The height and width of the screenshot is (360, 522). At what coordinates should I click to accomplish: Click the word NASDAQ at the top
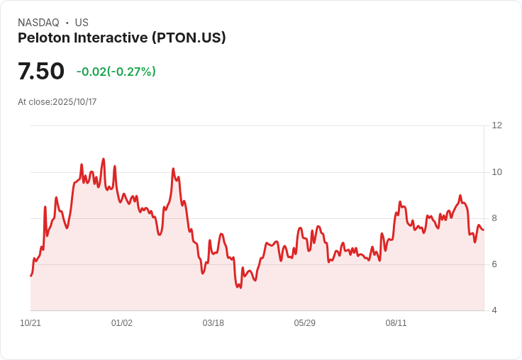coord(38,23)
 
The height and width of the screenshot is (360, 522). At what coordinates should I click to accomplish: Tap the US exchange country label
coord(82,23)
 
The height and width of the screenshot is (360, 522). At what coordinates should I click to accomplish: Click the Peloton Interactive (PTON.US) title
coord(122,38)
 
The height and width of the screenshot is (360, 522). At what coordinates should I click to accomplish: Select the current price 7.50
coord(41,71)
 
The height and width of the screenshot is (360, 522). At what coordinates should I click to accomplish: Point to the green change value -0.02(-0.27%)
coord(116,72)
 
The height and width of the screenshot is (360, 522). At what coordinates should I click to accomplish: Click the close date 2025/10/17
coord(74,102)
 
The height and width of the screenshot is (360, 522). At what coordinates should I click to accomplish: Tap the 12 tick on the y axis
coord(496,125)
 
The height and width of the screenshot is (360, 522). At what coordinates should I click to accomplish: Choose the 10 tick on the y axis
coord(496,171)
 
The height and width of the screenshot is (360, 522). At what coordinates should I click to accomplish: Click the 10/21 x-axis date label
coord(30,323)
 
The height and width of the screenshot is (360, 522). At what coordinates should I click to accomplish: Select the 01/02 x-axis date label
coord(122,323)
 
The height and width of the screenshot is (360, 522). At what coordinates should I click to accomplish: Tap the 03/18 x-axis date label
coord(213,323)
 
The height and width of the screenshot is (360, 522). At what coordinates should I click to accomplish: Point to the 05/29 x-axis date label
coord(305,323)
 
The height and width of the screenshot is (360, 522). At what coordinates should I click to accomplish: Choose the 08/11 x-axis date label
coord(396,323)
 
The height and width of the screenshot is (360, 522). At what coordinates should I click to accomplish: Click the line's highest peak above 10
coord(104,159)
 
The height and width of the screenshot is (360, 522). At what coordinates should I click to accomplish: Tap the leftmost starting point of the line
coord(30,276)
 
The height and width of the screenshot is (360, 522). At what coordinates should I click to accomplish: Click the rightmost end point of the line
coord(484,230)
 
